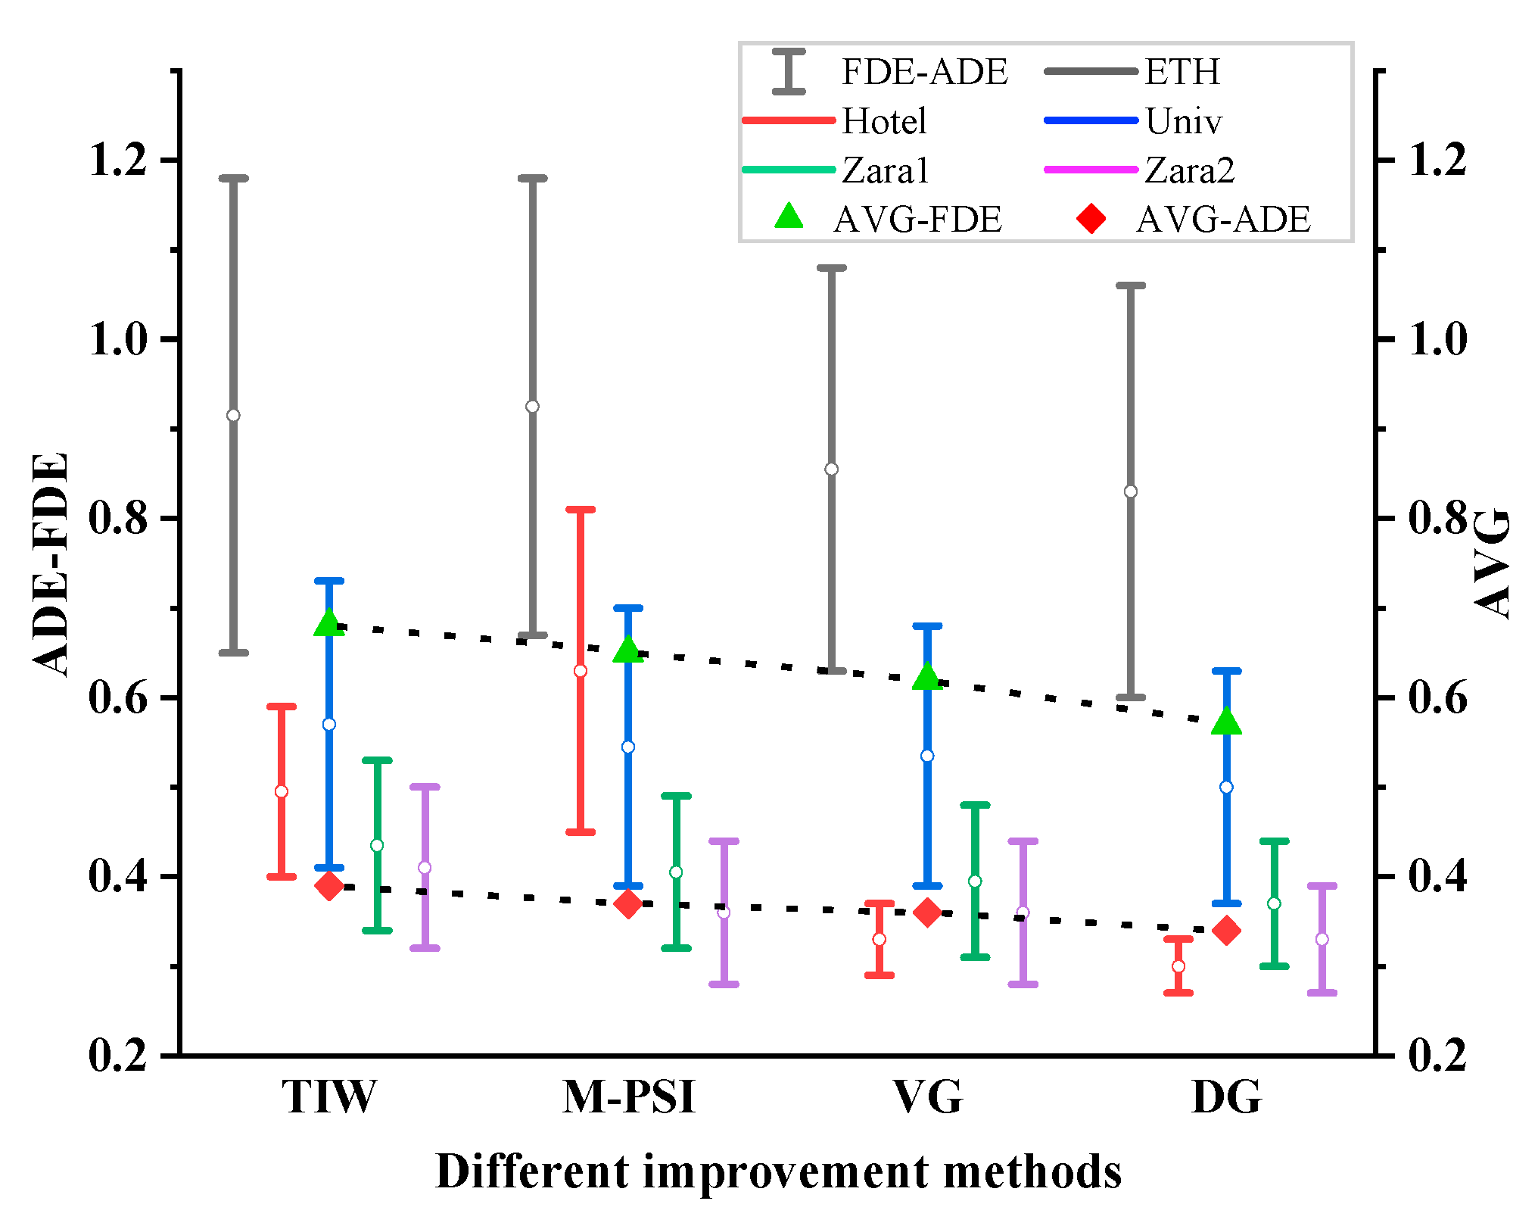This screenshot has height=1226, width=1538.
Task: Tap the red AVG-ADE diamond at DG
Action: pyautogui.click(x=1227, y=931)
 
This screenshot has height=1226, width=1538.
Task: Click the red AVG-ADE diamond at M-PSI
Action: pyautogui.click(x=628, y=904)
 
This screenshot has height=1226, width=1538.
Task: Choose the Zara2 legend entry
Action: pyautogui.click(x=1189, y=170)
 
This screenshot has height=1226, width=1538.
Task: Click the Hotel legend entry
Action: pyautogui.click(x=883, y=121)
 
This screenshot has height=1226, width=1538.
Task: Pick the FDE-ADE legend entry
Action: pyautogui.click(x=924, y=72)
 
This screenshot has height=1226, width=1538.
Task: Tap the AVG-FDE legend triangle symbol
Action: pyautogui.click(x=789, y=217)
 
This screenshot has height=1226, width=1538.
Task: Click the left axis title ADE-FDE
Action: pyautogui.click(x=51, y=564)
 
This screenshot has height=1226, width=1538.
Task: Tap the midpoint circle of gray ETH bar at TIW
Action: pyautogui.click(x=233, y=416)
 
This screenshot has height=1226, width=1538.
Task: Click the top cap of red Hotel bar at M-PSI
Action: pyautogui.click(x=581, y=510)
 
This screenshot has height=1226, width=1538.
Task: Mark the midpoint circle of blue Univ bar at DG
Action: pyautogui.click(x=1227, y=787)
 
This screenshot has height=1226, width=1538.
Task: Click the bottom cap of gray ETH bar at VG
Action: pyautogui.click(x=832, y=671)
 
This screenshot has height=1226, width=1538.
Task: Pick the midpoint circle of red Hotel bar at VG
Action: pyautogui.click(x=880, y=939)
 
